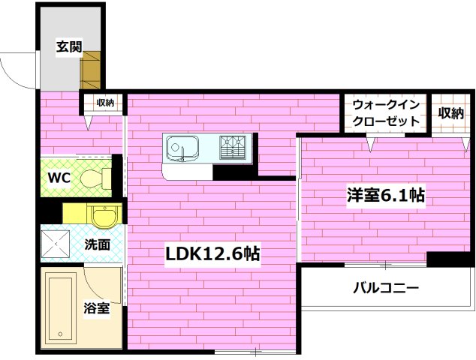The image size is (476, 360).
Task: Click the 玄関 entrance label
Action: click(69, 46)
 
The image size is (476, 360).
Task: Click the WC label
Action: click(59, 178)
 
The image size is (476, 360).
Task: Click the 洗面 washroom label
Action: click(98, 244)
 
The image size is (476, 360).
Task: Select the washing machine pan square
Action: click(56, 241)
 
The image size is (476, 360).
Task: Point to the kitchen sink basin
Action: click(181, 146)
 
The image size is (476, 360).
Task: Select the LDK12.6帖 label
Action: click(212, 254)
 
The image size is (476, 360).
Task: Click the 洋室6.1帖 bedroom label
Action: click(385, 196)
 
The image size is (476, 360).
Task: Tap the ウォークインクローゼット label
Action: click(386, 112)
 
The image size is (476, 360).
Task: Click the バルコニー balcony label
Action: click(386, 287)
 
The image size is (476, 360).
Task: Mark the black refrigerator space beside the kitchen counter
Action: click(229, 172)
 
